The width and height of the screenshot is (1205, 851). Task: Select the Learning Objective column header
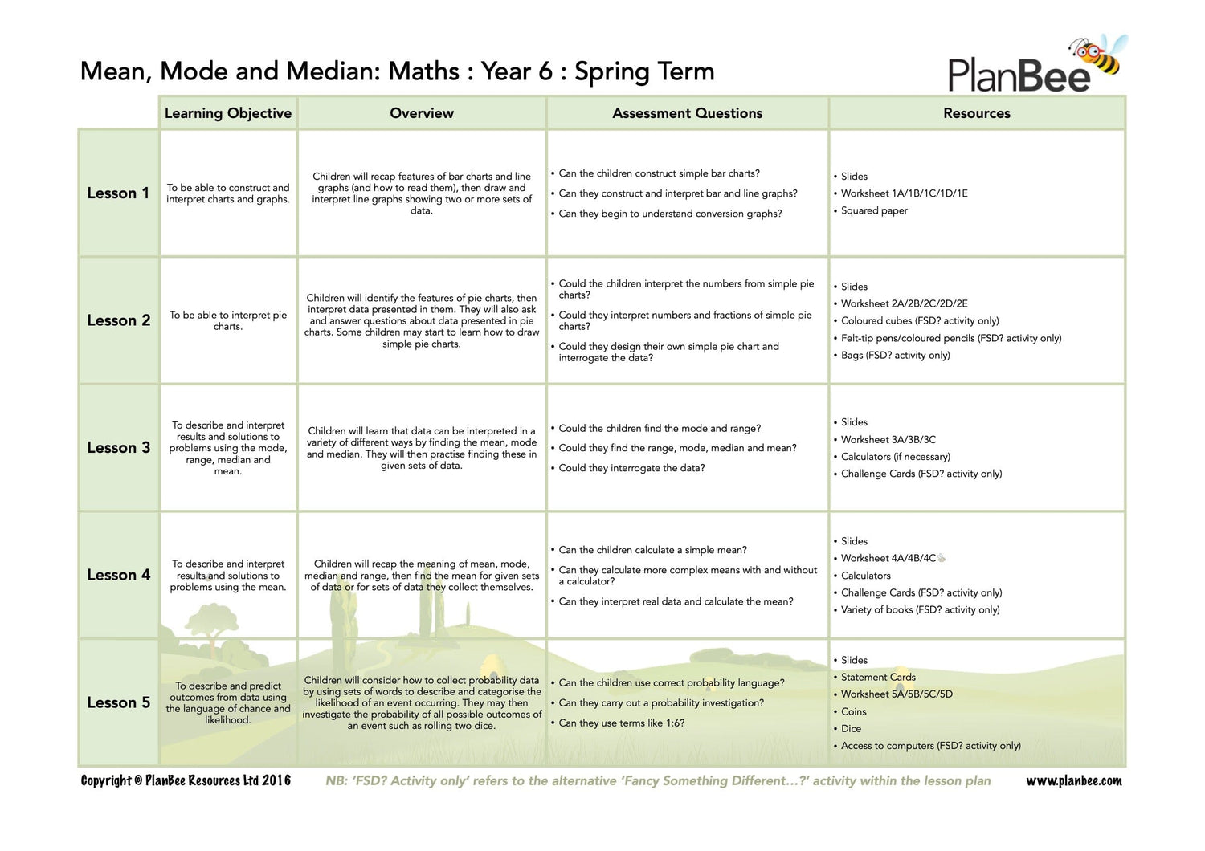click(228, 113)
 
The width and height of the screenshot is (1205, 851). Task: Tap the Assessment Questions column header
click(687, 113)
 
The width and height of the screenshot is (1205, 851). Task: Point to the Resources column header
click(976, 113)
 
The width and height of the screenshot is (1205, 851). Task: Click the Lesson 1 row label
click(118, 193)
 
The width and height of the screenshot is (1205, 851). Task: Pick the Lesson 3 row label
click(118, 448)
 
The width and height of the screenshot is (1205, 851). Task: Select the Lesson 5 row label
click(118, 702)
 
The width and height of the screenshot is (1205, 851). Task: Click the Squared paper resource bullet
click(874, 211)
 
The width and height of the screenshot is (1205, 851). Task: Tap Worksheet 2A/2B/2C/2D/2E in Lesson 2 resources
click(904, 303)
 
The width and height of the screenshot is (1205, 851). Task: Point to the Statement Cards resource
click(878, 678)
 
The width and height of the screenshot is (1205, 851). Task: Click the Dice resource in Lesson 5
click(851, 729)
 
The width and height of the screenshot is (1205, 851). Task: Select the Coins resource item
click(853, 712)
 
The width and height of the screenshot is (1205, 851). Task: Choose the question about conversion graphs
click(670, 214)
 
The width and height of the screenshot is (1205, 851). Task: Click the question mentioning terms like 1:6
click(621, 723)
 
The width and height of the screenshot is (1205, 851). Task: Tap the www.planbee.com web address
click(1074, 781)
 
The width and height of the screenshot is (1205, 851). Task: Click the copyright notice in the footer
click(186, 781)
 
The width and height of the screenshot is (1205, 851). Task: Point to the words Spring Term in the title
click(644, 71)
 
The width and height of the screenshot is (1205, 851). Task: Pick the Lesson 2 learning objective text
click(228, 321)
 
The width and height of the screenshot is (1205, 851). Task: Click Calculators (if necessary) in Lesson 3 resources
click(895, 457)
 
